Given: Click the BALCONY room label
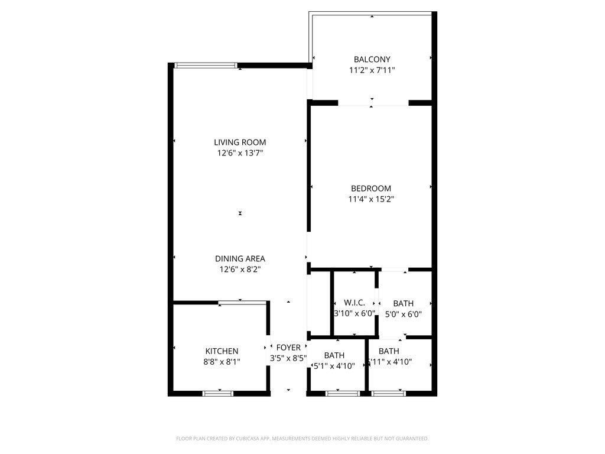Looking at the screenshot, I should coord(372,59).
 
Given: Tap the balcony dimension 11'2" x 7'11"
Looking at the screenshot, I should coord(372,70).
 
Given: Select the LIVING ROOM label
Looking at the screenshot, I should coord(240,142).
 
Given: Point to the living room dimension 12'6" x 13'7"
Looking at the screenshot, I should coord(240,153).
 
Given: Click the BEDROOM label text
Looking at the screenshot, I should coord(371,189).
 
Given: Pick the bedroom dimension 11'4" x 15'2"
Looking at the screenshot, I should coord(371,199).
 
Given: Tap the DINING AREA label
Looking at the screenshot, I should coord(240,258).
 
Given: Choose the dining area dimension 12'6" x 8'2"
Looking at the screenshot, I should coord(240,269).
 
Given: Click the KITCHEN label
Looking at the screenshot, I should coord(222,351).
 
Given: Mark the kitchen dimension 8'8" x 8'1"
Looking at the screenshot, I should coord(222,362).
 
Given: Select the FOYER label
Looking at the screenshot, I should coord(288,348).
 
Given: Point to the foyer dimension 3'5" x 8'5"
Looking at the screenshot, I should coord(288,358).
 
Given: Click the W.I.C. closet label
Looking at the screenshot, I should coord(354,303).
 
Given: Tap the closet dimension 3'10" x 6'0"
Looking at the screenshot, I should coord(354,313).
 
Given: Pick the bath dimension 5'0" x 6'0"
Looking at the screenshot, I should coord(403,314).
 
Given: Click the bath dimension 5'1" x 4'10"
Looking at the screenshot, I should coord(334,365).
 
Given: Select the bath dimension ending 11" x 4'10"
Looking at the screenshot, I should coord(390,362).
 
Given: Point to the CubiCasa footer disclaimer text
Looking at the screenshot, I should coord(302,439).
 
